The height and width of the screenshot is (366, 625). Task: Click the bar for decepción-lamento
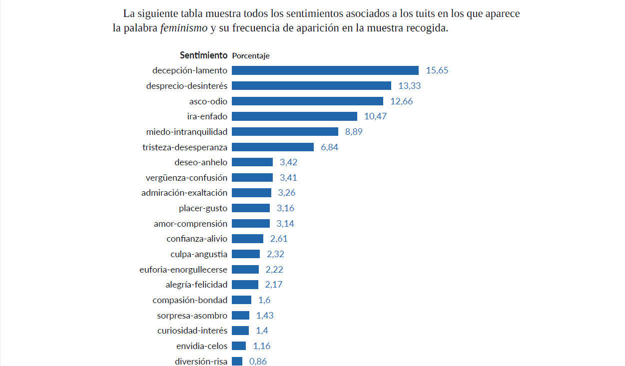coord(325,70)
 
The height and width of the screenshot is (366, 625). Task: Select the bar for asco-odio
coord(307,101)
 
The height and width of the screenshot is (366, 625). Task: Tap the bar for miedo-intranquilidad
coord(285,132)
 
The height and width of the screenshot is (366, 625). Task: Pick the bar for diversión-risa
coord(237,361)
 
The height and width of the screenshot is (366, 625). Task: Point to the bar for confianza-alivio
coord(247,239)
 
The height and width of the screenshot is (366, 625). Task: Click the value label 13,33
coord(409,86)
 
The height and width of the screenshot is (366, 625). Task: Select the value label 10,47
coord(376,116)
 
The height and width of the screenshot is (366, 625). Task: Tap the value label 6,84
coord(330,147)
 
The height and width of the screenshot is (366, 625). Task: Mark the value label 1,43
coord(265,316)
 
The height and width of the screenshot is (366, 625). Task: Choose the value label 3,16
coord(286,208)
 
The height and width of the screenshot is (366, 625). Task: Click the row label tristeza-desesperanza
coord(185,147)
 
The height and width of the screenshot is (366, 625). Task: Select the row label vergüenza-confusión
coord(186,178)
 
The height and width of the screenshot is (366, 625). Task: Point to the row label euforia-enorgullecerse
coord(183,270)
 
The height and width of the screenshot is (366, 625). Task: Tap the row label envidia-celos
coord(202,346)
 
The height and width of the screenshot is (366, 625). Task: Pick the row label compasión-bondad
coord(190,300)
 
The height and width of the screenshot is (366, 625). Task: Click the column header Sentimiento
coord(203,55)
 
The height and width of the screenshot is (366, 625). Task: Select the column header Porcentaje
coord(251,56)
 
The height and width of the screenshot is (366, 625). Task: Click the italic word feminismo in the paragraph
coord(183,28)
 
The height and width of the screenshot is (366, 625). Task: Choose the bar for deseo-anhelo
coord(252,162)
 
